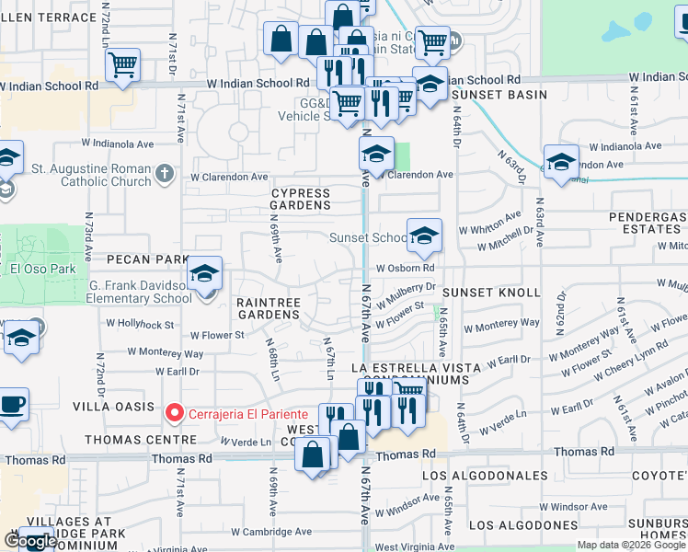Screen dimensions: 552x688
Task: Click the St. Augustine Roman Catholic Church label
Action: pyautogui.click(x=91, y=175)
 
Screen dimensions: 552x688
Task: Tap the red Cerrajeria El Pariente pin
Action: pyautogui.click(x=173, y=413)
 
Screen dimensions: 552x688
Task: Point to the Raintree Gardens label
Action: pyautogui.click(x=268, y=307)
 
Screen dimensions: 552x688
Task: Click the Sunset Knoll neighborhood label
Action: pyautogui.click(x=491, y=292)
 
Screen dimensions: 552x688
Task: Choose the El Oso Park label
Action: pyautogui.click(x=34, y=270)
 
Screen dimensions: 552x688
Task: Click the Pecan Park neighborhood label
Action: pyautogui.click(x=141, y=260)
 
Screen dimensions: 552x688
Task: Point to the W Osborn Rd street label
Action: pyautogui.click(x=404, y=268)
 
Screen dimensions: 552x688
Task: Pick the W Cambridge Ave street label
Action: pyautogui.click(x=271, y=532)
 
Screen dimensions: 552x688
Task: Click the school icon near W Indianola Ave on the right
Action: pyautogui.click(x=561, y=161)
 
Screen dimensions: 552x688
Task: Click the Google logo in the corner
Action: pyautogui.click(x=30, y=541)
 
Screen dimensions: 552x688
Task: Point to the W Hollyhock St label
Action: pyautogui.click(x=140, y=324)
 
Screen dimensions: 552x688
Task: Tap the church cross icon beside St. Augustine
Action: pyautogui.click(x=164, y=173)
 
